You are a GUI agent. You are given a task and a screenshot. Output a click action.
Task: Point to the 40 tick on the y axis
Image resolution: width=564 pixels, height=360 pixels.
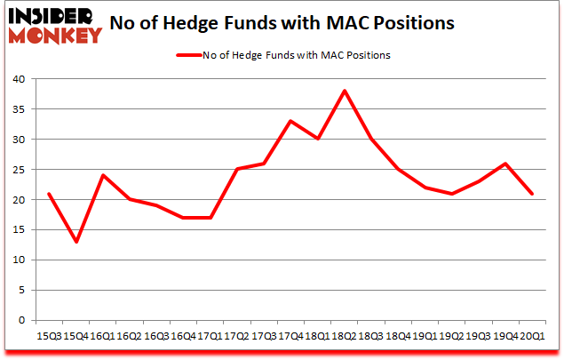pos(20,79)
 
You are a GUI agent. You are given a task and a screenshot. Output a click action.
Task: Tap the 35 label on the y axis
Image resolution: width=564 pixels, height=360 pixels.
pos(20,109)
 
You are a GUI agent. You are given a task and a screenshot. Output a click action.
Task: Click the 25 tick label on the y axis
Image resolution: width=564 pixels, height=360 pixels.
pos(20,170)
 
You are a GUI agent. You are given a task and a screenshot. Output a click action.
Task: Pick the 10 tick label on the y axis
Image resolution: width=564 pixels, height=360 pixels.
pos(20,260)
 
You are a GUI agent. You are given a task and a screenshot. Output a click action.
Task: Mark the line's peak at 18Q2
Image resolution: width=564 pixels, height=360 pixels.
pos(344,91)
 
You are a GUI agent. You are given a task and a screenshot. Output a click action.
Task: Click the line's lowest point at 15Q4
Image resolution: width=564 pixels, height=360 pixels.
pos(75,242)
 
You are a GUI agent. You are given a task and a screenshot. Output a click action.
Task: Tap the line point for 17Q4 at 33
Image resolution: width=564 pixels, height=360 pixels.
pos(290,121)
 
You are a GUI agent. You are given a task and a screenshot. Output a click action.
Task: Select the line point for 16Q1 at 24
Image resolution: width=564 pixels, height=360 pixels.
pos(103,175)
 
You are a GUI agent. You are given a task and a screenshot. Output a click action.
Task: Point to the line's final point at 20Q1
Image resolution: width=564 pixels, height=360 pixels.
pos(531,194)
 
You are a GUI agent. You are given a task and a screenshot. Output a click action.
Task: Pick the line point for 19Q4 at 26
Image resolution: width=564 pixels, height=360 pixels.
pos(504,164)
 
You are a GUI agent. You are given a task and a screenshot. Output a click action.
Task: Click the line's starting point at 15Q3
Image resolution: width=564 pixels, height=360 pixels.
pos(49,194)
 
